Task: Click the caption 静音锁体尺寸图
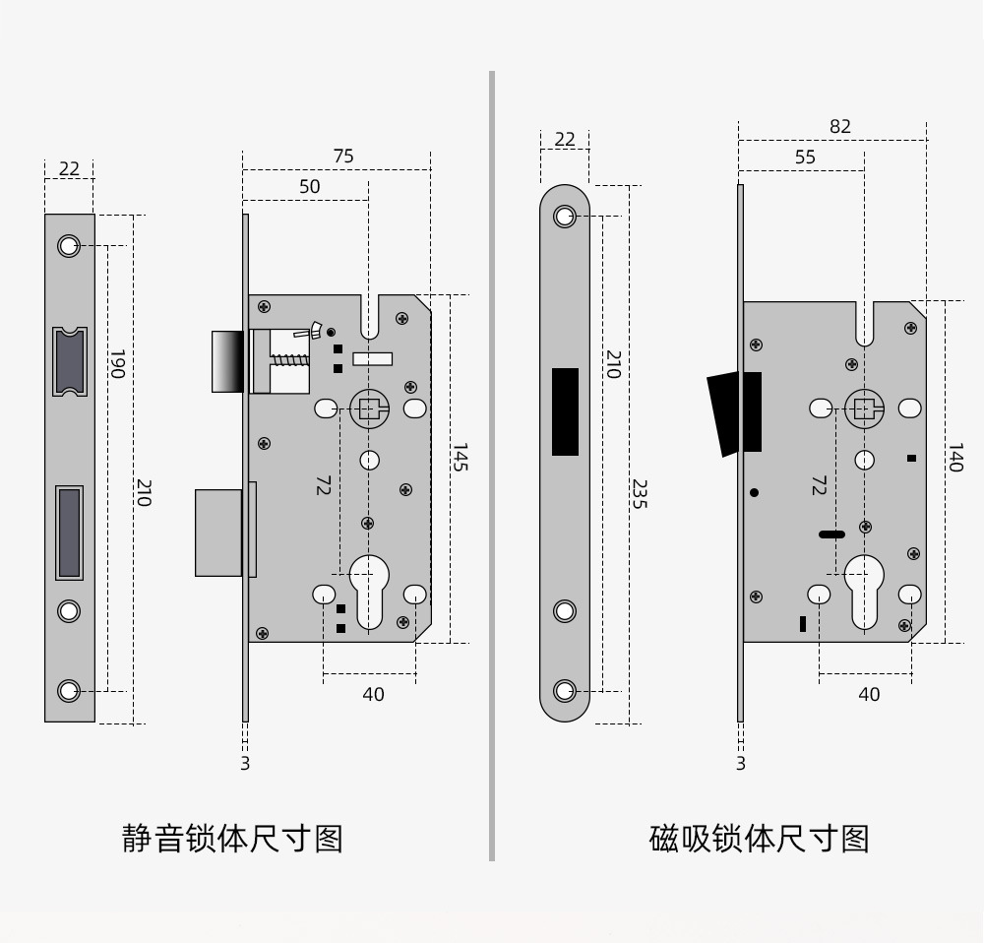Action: coord(232,839)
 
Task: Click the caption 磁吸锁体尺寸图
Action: coord(759,839)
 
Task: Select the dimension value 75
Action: coord(343,157)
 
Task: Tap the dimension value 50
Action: coord(309,187)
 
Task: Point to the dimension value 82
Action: coord(839,126)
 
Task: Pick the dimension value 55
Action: coord(805,157)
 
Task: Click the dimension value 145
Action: coord(459,457)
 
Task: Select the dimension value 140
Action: coord(953,458)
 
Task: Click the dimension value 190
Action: coord(117,363)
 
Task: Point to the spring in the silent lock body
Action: coord(289,360)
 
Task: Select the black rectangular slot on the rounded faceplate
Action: coord(565,411)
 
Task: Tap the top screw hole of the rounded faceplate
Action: coord(565,217)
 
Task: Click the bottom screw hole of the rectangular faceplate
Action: coord(69,690)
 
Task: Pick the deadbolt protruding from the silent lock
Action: coord(218,532)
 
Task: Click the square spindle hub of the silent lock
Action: coord(369,408)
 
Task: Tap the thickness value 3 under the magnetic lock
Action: coord(741,763)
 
